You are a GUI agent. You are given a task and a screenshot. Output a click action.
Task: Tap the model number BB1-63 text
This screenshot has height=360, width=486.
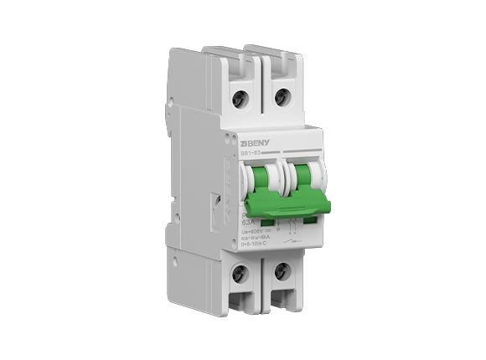(249, 153)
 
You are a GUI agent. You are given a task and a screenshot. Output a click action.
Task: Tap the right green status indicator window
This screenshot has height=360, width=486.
(309, 219)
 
